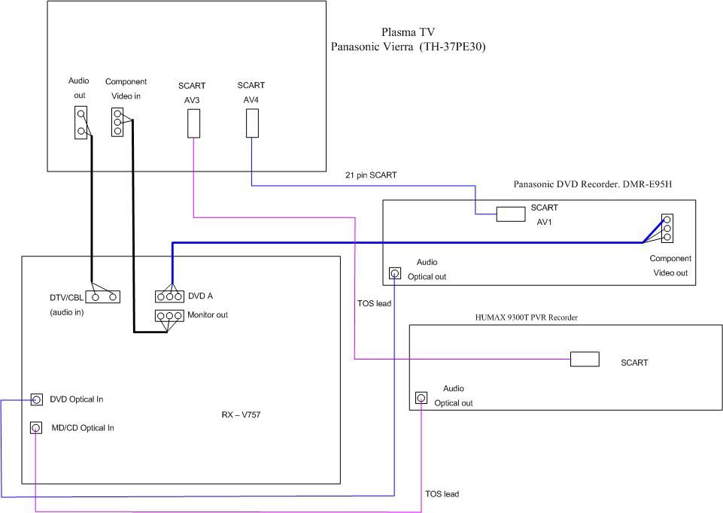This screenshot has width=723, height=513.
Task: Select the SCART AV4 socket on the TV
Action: [252, 123]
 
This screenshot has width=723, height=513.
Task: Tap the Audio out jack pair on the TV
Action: [81, 122]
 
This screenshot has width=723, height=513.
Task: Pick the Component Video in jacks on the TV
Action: [117, 122]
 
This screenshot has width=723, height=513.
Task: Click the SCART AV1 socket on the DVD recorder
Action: [510, 214]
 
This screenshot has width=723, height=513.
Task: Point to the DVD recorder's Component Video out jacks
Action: [667, 228]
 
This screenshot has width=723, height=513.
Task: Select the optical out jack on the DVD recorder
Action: [395, 273]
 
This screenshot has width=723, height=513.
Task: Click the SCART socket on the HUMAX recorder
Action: [585, 359]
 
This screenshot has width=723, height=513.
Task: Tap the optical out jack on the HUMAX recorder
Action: [421, 397]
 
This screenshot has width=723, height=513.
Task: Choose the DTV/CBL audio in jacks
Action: [103, 296]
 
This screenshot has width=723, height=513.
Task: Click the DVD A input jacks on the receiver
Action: [169, 296]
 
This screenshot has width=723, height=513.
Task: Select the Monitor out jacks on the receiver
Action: [169, 315]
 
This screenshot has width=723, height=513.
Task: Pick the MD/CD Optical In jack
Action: [36, 427]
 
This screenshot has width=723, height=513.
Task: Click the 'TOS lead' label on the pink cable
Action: [442, 493]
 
